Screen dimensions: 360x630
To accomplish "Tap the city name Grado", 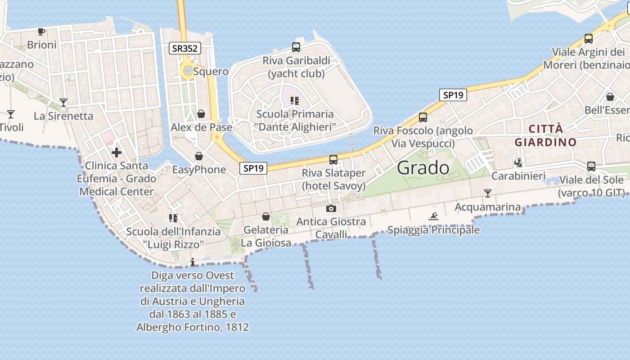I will [x=423, y=168].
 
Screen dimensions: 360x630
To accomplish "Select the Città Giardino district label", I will [x=545, y=135].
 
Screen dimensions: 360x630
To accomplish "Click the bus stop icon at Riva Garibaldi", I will [x=296, y=47].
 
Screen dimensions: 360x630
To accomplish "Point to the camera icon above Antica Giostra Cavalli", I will [x=331, y=208].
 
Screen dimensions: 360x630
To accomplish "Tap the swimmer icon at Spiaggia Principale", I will [x=433, y=217].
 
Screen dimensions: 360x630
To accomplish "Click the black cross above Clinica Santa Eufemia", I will [x=117, y=153].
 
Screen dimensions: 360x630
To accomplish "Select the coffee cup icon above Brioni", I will [x=41, y=31].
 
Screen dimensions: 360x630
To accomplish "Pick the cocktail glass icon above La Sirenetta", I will [x=63, y=103].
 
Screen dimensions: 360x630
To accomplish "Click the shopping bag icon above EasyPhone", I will [x=199, y=156].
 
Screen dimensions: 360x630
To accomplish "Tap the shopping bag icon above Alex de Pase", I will [x=201, y=114].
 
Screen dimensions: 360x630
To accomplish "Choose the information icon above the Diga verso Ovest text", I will [x=193, y=262].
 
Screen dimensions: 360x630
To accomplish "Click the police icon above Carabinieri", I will [x=518, y=162].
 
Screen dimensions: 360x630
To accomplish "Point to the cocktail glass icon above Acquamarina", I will [x=487, y=193].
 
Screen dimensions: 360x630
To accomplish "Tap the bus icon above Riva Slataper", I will [x=333, y=159].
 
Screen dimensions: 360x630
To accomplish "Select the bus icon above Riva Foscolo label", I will [x=423, y=117].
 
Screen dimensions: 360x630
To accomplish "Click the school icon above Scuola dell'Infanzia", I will [x=173, y=218].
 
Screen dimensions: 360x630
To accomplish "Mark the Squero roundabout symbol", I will [x=187, y=71].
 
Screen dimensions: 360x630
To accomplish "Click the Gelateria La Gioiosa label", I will [x=266, y=236].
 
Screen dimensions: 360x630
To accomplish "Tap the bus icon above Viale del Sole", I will [x=591, y=166].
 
